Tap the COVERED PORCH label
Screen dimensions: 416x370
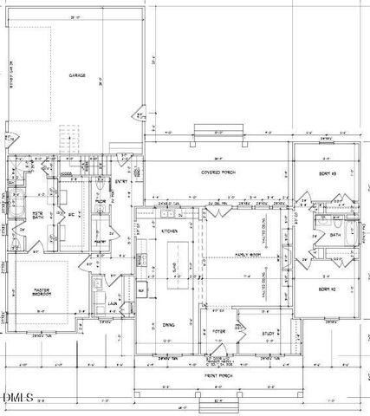point(221,172)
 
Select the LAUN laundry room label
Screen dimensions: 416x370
point(113,304)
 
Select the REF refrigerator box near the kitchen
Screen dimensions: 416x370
point(142,290)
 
